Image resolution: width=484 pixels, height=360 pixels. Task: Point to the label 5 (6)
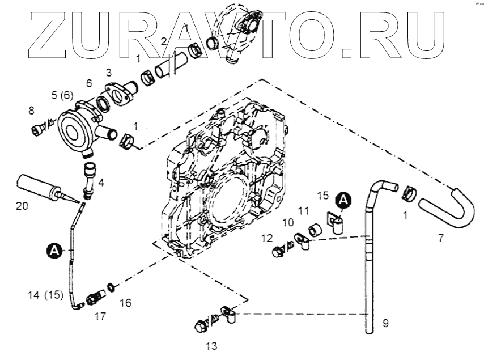click(62, 96)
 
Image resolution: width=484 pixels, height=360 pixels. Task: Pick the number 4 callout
click(100, 183)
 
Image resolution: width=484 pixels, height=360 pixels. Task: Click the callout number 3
click(108, 73)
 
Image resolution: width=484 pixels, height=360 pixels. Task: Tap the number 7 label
click(441, 238)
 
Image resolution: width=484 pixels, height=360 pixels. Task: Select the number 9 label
click(385, 324)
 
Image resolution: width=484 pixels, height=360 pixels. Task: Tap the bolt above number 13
click(201, 326)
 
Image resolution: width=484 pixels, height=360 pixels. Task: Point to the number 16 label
click(125, 303)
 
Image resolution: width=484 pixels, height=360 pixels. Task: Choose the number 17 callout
click(100, 317)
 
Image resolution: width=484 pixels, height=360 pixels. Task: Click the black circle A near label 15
click(342, 200)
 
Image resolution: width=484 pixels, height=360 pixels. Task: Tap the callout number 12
click(267, 238)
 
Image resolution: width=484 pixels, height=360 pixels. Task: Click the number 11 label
click(304, 211)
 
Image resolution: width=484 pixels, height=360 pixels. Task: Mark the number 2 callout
click(164, 41)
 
